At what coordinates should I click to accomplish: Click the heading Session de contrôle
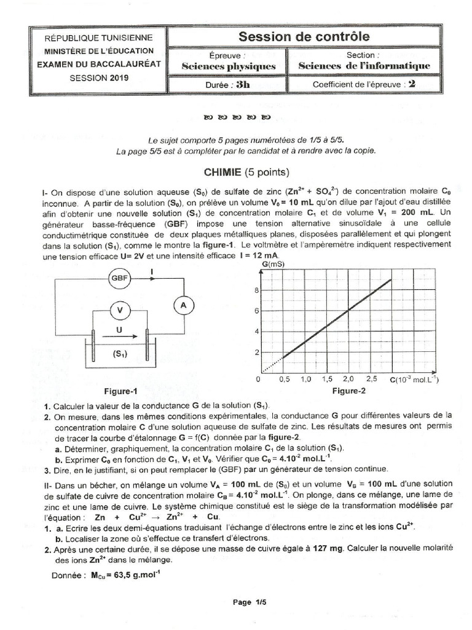tap(304, 37)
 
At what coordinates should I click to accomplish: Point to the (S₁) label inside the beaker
tap(120, 354)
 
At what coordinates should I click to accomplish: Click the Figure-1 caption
tap(120, 391)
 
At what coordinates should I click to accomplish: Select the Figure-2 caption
tap(348, 391)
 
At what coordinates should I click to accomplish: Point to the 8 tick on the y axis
tap(256, 290)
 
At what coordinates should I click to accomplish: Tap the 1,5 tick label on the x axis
tap(326, 380)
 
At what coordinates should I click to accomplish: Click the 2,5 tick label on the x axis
tap(371, 380)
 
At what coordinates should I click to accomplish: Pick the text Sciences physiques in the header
tap(229, 66)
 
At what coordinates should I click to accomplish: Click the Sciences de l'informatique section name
tap(364, 66)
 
